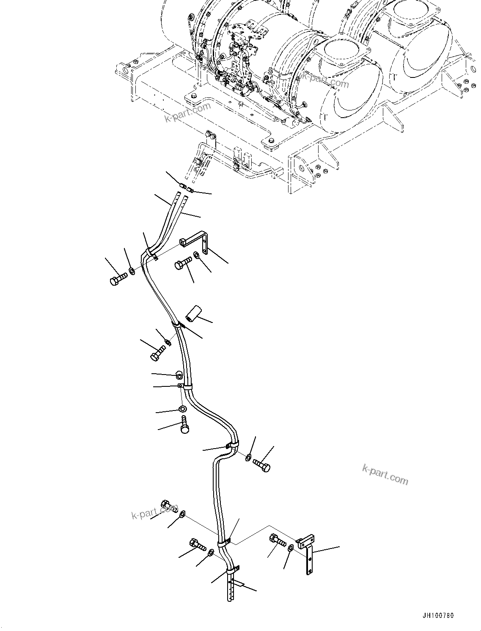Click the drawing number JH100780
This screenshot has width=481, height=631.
(437, 616)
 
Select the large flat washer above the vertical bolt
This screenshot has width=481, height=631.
(183, 409)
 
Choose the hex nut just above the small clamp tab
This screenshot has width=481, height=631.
(179, 375)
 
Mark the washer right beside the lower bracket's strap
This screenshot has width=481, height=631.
(291, 548)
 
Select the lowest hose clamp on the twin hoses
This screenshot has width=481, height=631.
(233, 570)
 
